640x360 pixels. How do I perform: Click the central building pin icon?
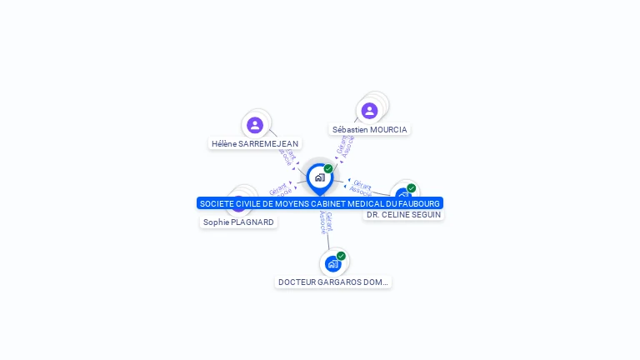click(x=319, y=177)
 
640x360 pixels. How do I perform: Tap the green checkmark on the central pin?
click(x=328, y=169)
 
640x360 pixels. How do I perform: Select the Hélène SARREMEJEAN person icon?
click(x=255, y=125)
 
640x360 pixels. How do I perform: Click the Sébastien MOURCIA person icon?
click(x=369, y=111)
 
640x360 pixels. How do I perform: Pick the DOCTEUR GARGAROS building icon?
click(x=333, y=264)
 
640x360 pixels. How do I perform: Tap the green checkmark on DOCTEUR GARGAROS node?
click(x=341, y=256)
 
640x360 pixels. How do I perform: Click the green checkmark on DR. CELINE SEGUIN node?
click(x=411, y=188)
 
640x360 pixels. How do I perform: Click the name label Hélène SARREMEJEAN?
click(x=255, y=143)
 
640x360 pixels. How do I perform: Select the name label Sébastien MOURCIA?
click(x=370, y=130)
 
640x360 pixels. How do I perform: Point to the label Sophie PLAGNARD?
click(x=238, y=222)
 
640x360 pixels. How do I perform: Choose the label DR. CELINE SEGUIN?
click(x=403, y=215)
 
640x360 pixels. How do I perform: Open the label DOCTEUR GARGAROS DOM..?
click(x=333, y=282)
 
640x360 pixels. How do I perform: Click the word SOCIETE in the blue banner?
click(x=217, y=203)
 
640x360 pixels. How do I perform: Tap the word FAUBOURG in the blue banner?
click(x=419, y=203)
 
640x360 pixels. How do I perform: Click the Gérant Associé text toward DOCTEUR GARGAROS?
click(x=326, y=222)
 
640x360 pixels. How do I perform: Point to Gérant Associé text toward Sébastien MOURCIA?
click(x=345, y=146)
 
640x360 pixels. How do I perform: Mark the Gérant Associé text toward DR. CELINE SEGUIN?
click(x=362, y=187)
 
